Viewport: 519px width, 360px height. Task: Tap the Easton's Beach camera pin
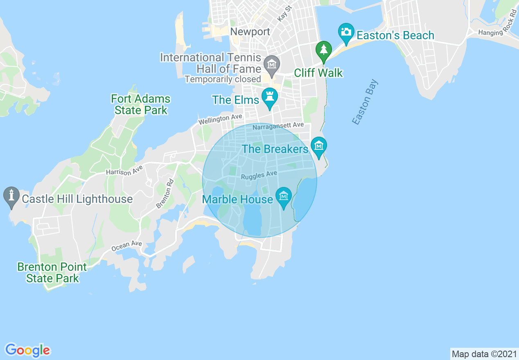pyautogui.click(x=346, y=32)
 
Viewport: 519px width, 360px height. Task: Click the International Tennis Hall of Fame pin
pyautogui.click(x=271, y=64)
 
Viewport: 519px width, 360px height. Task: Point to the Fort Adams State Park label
pyautogui.click(x=141, y=104)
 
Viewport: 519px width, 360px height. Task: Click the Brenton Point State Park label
pyautogui.click(x=52, y=272)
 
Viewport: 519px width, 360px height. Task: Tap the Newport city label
pyautogui.click(x=250, y=32)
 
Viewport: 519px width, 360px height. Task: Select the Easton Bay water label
pyautogui.click(x=365, y=102)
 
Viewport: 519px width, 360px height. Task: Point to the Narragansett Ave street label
pyautogui.click(x=278, y=126)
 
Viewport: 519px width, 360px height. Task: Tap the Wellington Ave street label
pyautogui.click(x=220, y=119)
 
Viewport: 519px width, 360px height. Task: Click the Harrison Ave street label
pyautogui.click(x=124, y=171)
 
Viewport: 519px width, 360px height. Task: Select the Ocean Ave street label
pyautogui.click(x=126, y=246)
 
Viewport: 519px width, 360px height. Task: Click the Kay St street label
pyautogui.click(x=284, y=13)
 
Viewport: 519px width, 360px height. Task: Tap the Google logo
pyautogui.click(x=28, y=350)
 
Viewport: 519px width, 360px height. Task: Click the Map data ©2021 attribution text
pyautogui.click(x=484, y=353)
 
